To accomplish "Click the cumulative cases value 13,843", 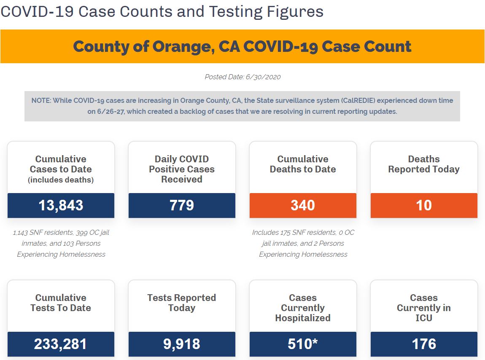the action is point(61,205).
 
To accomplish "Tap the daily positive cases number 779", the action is point(182,205).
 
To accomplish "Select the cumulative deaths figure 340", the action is point(303,205).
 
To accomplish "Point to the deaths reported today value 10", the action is point(424,205).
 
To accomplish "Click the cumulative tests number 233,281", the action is point(61,344).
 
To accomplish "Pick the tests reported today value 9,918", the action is point(182,344).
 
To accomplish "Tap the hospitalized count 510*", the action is point(303,344).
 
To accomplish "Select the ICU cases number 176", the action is point(424,344).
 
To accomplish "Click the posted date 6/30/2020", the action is point(263,77).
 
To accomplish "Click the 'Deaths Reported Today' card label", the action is point(424,164).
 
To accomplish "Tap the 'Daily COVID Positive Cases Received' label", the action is point(182,169).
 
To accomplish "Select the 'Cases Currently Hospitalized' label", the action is point(303,308).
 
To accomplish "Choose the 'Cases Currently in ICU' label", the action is point(424,308).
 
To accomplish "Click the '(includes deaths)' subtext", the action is point(61,180).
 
